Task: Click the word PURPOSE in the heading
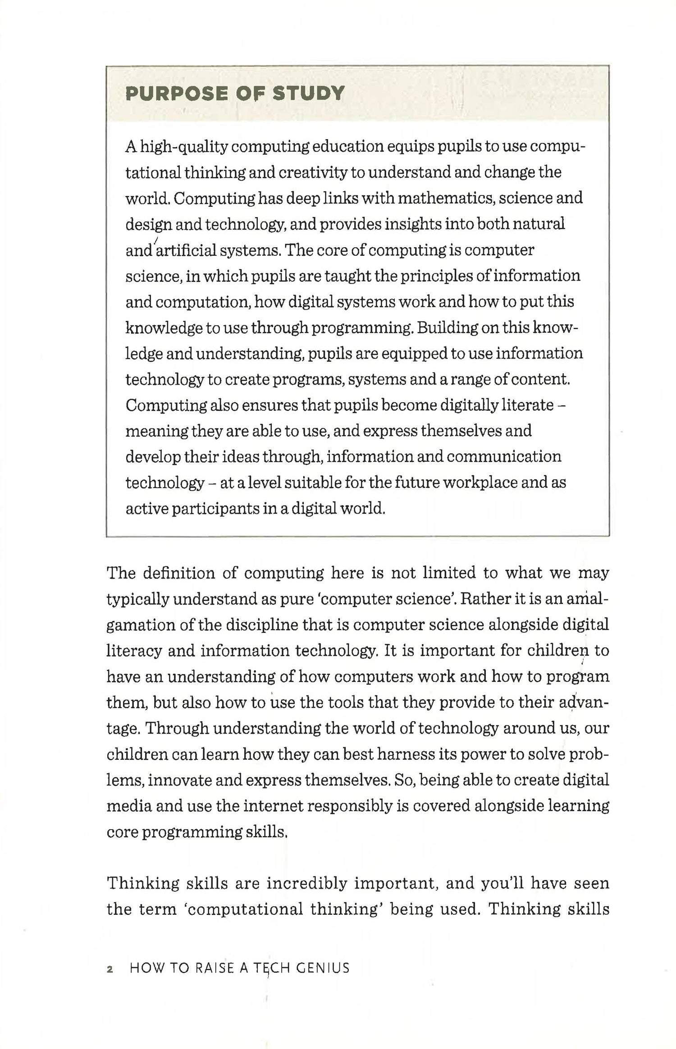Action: (176, 94)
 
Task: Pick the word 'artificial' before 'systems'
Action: (186, 250)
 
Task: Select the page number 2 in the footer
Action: (110, 969)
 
